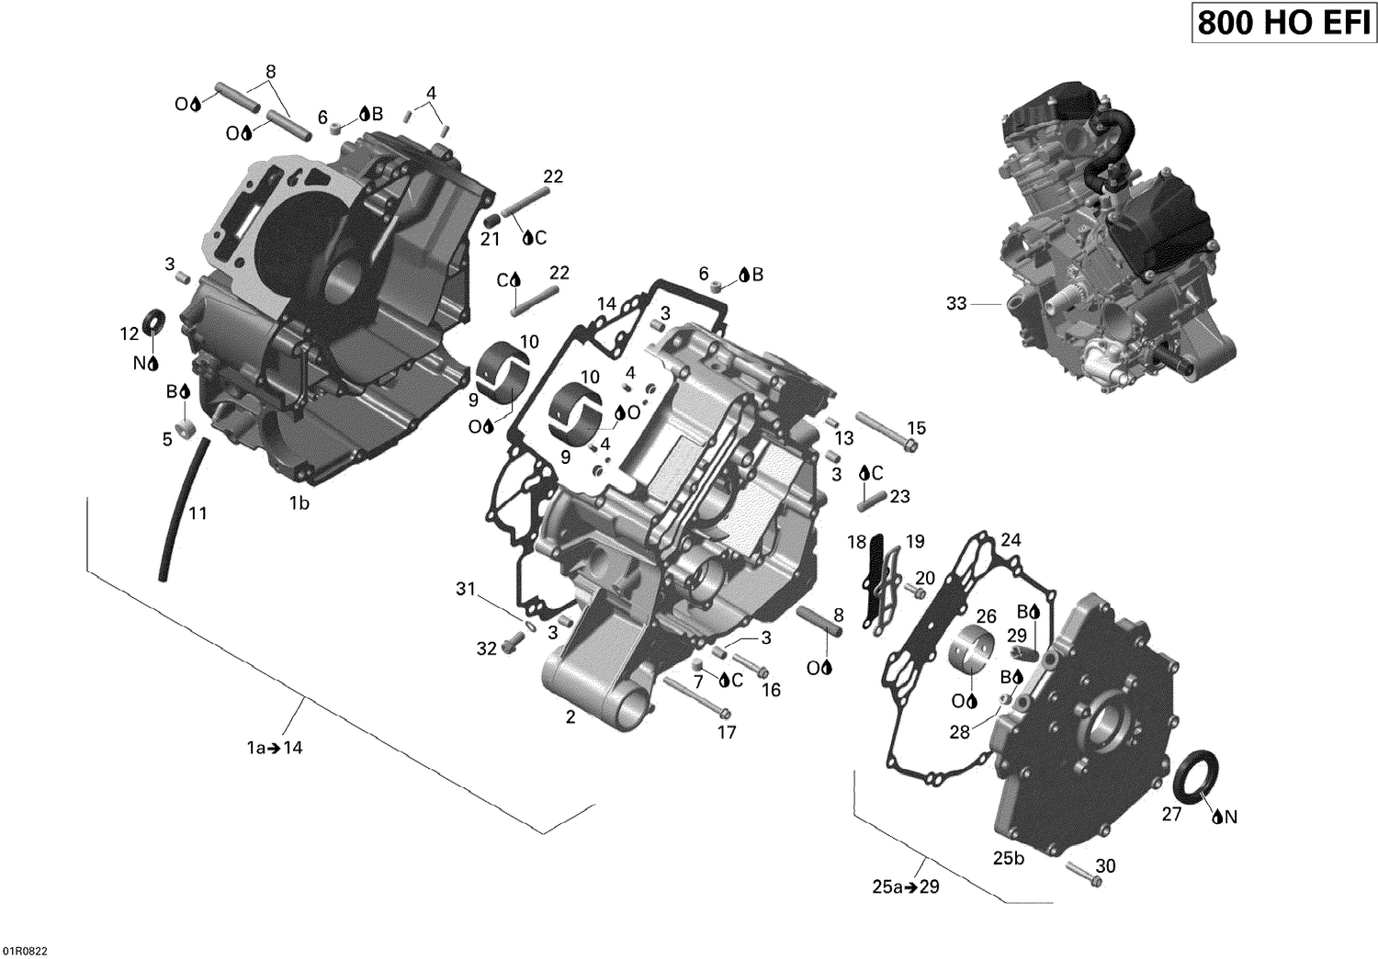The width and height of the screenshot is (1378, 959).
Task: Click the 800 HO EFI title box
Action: [x=1283, y=23]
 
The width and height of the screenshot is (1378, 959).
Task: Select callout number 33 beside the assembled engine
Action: [x=956, y=303]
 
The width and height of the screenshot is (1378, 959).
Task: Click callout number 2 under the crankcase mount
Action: [x=570, y=717]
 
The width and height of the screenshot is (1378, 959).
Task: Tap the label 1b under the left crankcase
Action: [x=299, y=502]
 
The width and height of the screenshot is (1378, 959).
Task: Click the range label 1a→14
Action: [x=275, y=748]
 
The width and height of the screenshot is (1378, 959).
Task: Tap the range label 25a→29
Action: [x=906, y=887]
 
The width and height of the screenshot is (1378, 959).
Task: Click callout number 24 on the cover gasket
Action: [x=1011, y=539]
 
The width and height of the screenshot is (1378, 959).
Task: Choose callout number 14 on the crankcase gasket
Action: [x=606, y=304]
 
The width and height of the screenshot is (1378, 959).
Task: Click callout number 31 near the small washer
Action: [x=466, y=589]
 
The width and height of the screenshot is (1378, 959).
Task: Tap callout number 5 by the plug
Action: [x=167, y=440]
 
